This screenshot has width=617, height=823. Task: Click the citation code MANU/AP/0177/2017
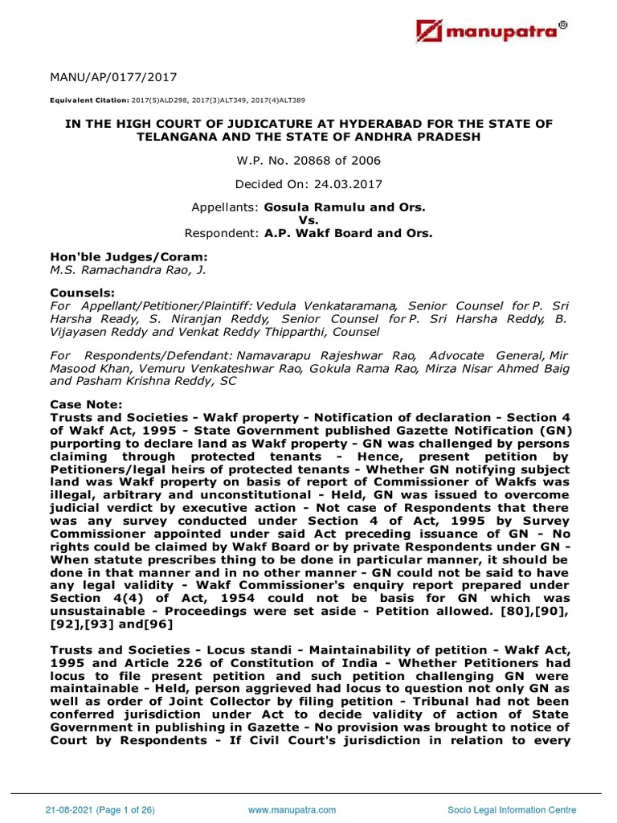coord(113,77)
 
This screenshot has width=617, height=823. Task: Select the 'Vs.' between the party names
coord(308,220)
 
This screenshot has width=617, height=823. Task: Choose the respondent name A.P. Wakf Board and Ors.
coord(354,233)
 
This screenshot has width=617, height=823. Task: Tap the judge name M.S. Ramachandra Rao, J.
coord(128,270)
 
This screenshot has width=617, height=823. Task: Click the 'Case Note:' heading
coord(86,403)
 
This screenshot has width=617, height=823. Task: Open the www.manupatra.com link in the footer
coord(292,809)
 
